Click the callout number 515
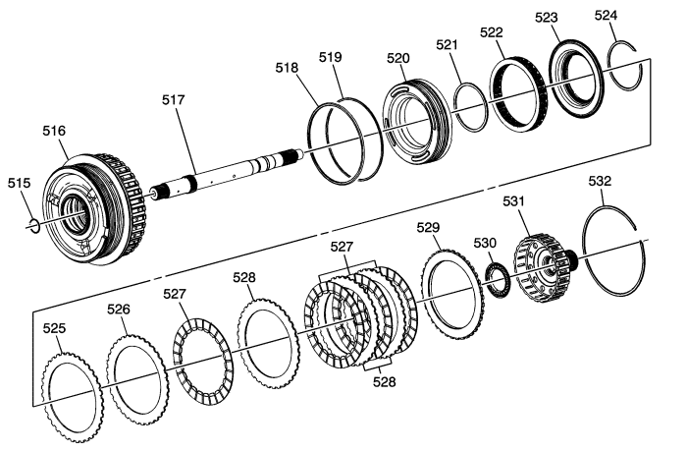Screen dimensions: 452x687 [x=19, y=183]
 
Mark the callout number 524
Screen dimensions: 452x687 [x=608, y=16]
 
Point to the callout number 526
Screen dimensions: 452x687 [x=119, y=309]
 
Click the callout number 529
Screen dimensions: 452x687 [x=428, y=228]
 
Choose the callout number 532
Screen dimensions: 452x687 [x=601, y=182]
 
